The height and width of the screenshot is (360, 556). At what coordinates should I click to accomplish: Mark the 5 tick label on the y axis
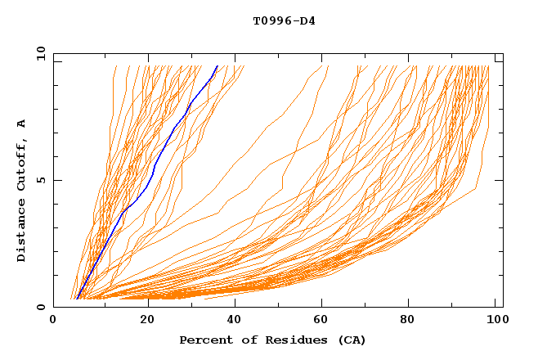click(x=40, y=180)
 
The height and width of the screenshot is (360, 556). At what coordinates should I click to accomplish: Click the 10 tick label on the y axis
click(x=38, y=53)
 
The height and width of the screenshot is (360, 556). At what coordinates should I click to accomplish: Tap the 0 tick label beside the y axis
click(x=40, y=307)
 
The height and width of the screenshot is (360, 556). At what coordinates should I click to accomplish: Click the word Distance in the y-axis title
click(x=21, y=232)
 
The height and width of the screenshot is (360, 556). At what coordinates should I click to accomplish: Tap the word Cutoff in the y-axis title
click(x=21, y=164)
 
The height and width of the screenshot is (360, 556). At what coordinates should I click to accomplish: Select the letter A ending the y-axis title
click(x=21, y=124)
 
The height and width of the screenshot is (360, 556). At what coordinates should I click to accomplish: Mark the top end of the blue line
click(x=217, y=65)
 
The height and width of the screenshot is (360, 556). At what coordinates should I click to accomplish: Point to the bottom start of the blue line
click(x=76, y=299)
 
